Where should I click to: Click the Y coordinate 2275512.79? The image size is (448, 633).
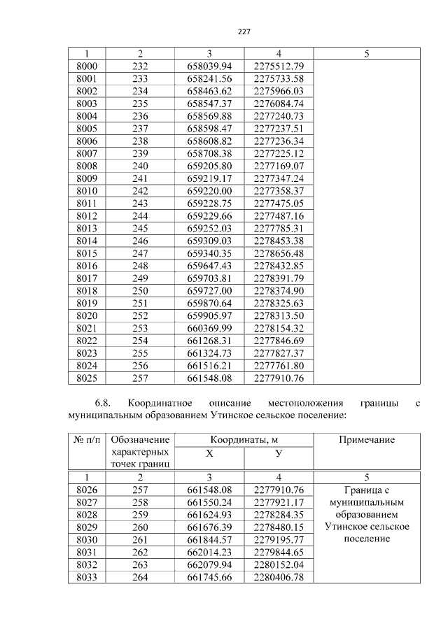coord(279,66)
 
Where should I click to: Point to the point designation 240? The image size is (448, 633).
coord(140,166)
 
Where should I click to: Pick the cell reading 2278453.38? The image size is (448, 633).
coord(279,241)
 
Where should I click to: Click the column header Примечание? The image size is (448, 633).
coord(366,440)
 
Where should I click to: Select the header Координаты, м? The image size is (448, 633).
coord(244,440)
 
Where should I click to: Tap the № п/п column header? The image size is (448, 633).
coord(86,440)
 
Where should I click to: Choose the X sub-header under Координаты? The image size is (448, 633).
coord(209,453)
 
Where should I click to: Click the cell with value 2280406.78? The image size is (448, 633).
coord(279,577)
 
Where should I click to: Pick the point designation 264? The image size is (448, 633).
coord(140,577)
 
